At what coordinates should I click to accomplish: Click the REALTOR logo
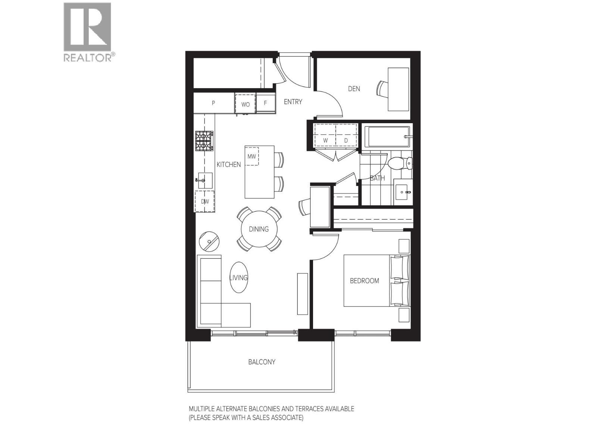click(x=88, y=32)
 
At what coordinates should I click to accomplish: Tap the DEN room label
click(x=354, y=89)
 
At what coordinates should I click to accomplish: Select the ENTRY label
click(x=293, y=102)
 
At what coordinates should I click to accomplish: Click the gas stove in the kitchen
click(x=204, y=141)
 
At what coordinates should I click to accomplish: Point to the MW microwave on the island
click(x=252, y=156)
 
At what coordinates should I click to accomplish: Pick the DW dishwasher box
click(x=205, y=201)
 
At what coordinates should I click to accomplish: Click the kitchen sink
click(x=205, y=180)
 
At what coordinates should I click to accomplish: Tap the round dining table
click(x=259, y=229)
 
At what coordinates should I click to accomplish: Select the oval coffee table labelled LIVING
click(x=238, y=277)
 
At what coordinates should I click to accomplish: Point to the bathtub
click(x=388, y=137)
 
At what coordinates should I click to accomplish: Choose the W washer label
click(x=325, y=140)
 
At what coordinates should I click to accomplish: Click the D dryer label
click(x=346, y=140)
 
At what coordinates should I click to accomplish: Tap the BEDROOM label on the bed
click(x=364, y=281)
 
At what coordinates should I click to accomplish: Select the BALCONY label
click(x=262, y=362)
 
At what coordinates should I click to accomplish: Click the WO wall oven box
click(x=245, y=104)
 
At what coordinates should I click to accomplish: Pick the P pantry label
click(x=213, y=103)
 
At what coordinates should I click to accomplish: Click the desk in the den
click(x=398, y=89)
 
